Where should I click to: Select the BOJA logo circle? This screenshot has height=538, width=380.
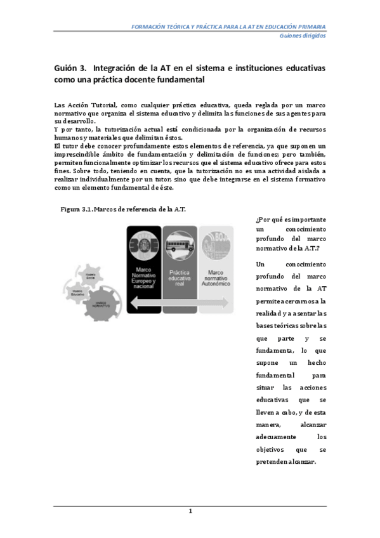click(x=215, y=244)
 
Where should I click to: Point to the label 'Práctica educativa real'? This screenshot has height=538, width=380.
click(x=180, y=277)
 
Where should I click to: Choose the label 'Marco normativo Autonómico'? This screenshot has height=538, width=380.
click(x=215, y=277)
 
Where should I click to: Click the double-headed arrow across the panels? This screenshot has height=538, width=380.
click(x=180, y=306)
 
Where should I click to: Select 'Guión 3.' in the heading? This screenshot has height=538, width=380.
click(x=69, y=67)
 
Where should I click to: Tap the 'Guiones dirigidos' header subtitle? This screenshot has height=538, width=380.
click(x=303, y=36)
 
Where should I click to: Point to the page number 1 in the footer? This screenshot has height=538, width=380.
click(x=190, y=511)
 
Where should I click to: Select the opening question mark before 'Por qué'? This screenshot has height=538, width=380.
click(x=255, y=219)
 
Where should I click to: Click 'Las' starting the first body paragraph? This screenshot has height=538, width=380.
click(x=60, y=104)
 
